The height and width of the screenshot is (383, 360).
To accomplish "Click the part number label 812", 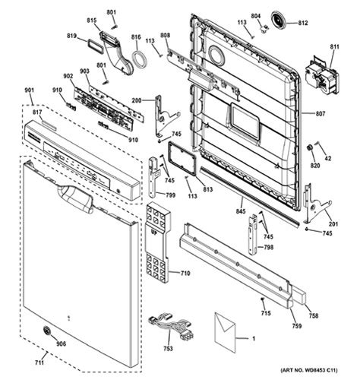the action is coord(303,23).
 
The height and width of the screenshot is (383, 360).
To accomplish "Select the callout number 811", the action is coord(334,47).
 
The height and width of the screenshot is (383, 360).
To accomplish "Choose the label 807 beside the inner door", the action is coord(321,114).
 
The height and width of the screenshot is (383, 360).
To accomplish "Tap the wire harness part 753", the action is coord(172,327).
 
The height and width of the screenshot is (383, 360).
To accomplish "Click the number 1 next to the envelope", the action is coord(254,338).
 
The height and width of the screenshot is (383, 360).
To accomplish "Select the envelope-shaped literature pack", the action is coord(225,333).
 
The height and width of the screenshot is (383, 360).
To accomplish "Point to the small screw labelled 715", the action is coord(263,299).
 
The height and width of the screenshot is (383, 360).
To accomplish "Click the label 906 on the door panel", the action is coord(61,343).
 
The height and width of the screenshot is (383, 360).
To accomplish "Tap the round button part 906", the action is coord(46,331).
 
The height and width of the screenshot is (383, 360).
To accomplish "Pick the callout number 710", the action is coord(185,274).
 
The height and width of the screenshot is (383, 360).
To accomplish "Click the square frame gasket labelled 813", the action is coord(182,158).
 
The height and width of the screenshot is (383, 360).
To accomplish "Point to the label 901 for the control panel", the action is coord(30,90).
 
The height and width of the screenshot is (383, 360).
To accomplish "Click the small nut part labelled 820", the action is coord(309,147).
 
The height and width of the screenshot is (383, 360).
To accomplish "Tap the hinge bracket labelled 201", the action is coord(317,204).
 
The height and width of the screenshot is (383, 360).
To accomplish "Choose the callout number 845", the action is coord(241,210).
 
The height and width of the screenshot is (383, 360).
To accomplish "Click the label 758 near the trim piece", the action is coord(314,315).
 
